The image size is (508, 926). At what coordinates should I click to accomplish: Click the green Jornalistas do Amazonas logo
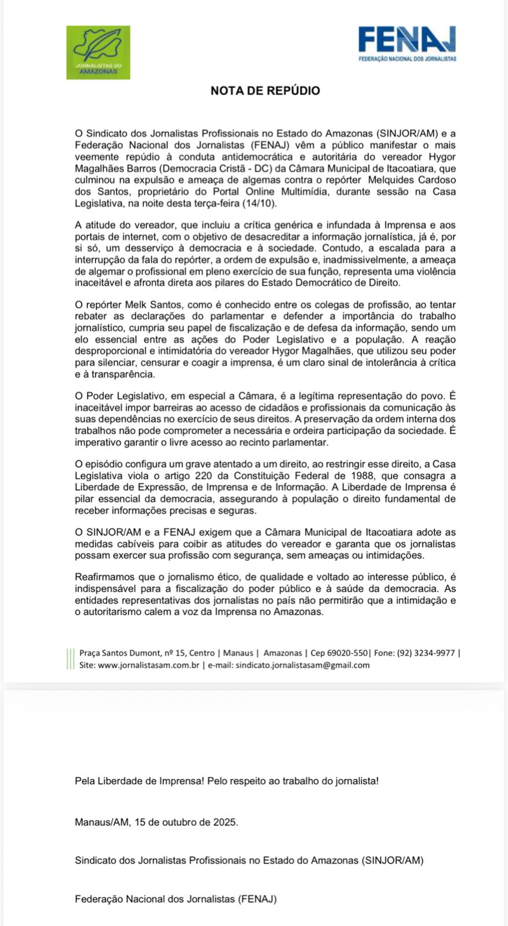click(x=98, y=52)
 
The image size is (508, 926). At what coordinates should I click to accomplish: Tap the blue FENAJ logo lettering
click(x=407, y=40)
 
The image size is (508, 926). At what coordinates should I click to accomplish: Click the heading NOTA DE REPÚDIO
click(x=265, y=91)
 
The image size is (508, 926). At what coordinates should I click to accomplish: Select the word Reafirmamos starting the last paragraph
click(x=104, y=577)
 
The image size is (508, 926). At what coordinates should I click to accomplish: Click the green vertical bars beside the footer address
click(x=70, y=659)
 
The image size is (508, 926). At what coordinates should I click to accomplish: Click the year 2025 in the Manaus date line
click(x=225, y=822)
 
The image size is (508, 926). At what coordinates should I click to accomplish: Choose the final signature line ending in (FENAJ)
click(x=176, y=899)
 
